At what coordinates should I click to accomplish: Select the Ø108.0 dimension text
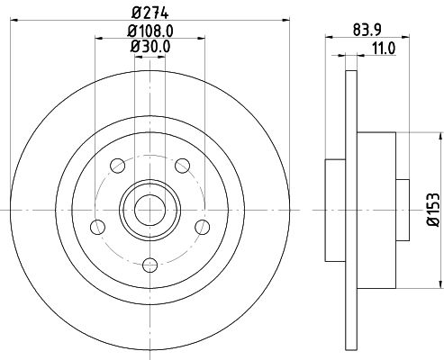pyautogui.click(x=149, y=31)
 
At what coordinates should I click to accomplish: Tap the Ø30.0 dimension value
pyautogui.click(x=149, y=49)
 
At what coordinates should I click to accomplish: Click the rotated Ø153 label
pyautogui.click(x=433, y=210)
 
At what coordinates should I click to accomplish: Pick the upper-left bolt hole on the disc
pyautogui.click(x=116, y=165)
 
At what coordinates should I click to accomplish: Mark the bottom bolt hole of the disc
pyautogui.click(x=149, y=264)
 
